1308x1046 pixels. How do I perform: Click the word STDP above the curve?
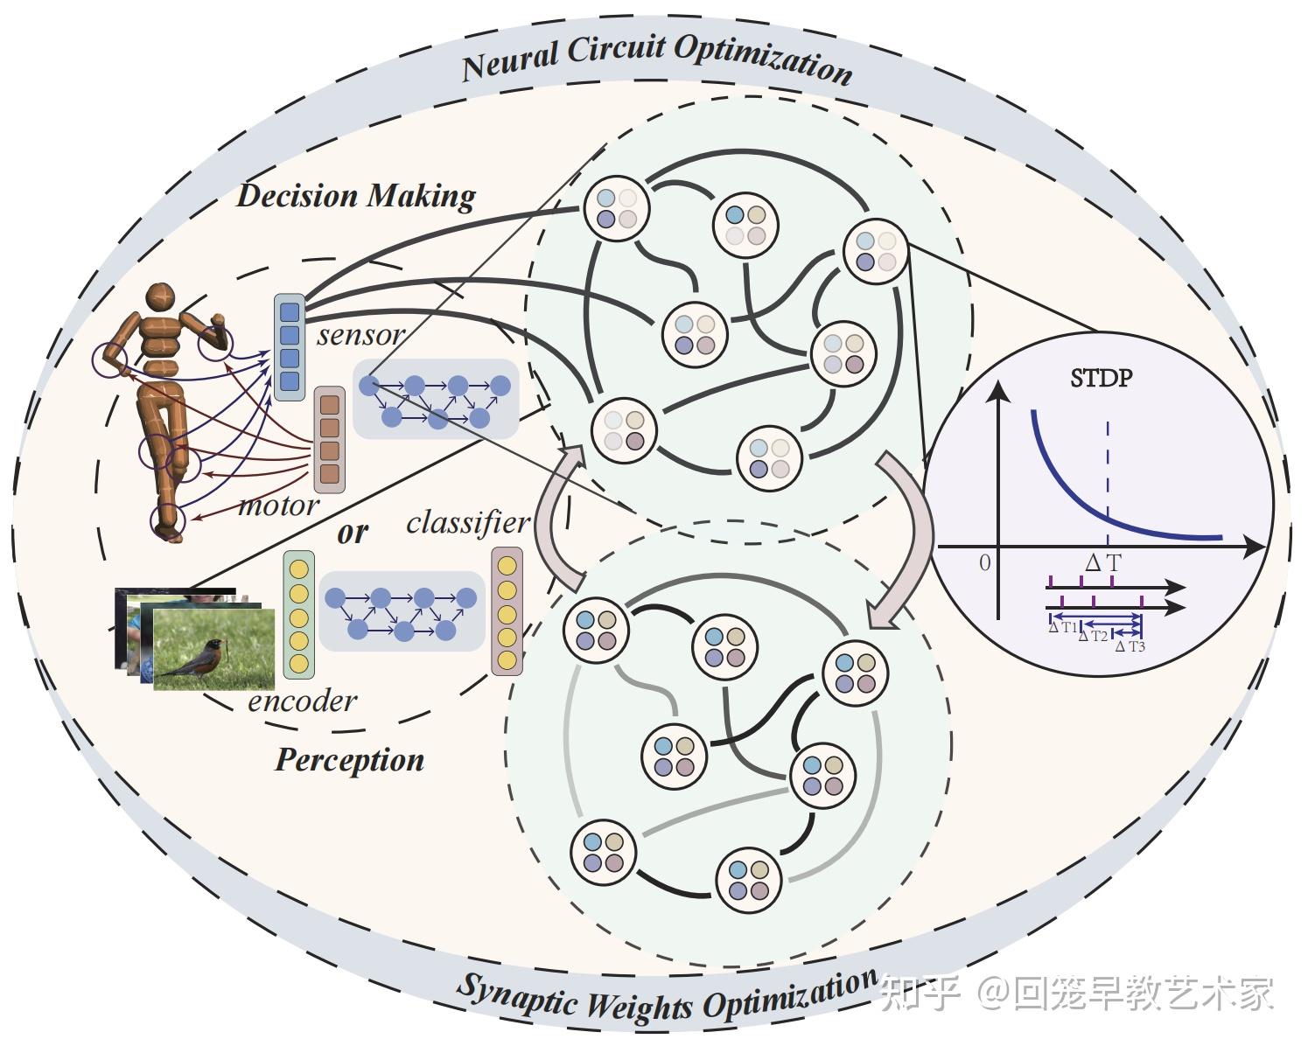tap(1101, 378)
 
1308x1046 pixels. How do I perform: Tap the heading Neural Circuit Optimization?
tap(656, 59)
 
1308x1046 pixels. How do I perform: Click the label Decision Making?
tap(356, 195)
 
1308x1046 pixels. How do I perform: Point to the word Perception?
tap(349, 759)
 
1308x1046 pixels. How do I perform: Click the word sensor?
tap(360, 334)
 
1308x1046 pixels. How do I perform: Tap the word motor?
tap(278, 505)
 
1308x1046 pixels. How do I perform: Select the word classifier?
tap(468, 522)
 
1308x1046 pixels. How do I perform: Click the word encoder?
tap(303, 701)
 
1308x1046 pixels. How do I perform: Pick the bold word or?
tap(353, 532)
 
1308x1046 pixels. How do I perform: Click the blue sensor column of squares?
tap(289, 347)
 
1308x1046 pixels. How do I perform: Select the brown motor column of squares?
tap(330, 440)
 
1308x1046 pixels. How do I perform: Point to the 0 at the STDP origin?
tap(984, 562)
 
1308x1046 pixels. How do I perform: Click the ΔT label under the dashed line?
tap(1102, 562)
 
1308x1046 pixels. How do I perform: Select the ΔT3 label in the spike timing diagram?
tap(1130, 646)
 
